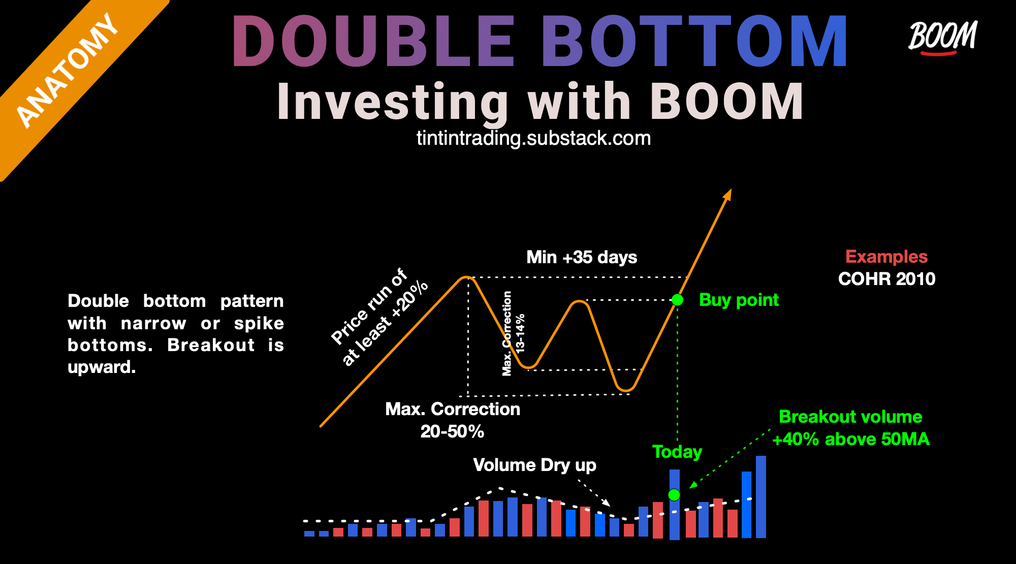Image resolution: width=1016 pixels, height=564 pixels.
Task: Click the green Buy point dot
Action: [677, 300]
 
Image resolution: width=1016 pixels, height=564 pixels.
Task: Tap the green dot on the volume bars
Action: [674, 494]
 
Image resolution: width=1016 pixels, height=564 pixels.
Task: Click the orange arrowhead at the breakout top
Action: [728, 194]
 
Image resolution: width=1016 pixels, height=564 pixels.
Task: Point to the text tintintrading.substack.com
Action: [533, 138]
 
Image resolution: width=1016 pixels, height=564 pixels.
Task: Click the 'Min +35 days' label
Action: [582, 257]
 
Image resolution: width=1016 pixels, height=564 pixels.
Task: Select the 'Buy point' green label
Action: [739, 300]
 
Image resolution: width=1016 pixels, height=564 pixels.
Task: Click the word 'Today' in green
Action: [677, 452]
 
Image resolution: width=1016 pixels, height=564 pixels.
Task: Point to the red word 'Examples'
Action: [886, 257]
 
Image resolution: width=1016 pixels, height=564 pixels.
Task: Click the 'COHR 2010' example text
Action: [886, 279]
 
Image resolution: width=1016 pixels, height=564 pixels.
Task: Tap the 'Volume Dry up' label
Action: [534, 465]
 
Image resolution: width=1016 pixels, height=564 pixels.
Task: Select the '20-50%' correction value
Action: [452, 431]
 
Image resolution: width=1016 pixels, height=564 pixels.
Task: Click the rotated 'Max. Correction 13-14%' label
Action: [513, 333]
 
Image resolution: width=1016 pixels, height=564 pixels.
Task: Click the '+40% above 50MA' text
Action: [851, 439]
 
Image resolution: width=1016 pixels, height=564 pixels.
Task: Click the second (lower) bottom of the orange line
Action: [626, 390]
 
